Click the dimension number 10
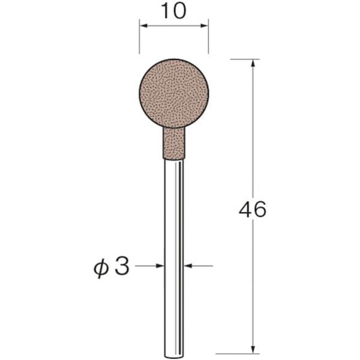(173, 11)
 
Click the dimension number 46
(253, 209)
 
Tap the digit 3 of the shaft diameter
(122, 266)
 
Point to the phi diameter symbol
(101, 268)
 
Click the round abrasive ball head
(174, 93)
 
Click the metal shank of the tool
(174, 258)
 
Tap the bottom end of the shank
(174, 357)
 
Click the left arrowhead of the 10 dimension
(143, 26)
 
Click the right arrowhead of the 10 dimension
(204, 26)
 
